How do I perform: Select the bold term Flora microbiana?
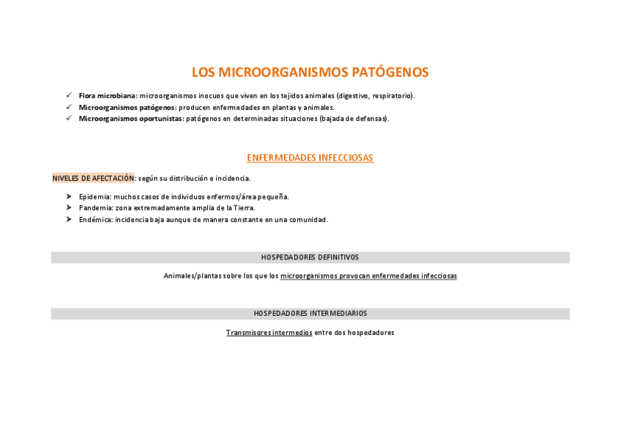107,96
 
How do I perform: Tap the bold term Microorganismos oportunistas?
131,119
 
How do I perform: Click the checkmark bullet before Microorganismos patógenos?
68,107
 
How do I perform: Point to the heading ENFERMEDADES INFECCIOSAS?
310,158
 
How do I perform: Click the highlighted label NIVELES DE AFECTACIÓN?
94,178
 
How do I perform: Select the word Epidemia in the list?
94,196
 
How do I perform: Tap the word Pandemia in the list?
96,208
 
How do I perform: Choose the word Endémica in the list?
95,220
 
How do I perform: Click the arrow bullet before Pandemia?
68,208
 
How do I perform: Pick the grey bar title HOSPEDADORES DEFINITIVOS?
310,258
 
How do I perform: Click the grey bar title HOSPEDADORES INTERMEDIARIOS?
310,314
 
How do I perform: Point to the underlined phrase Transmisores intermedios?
269,333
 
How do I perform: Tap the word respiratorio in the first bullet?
393,96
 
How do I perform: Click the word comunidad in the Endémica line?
308,220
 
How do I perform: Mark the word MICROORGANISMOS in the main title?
283,73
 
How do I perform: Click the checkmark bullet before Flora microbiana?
68,95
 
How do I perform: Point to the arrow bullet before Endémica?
68,220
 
